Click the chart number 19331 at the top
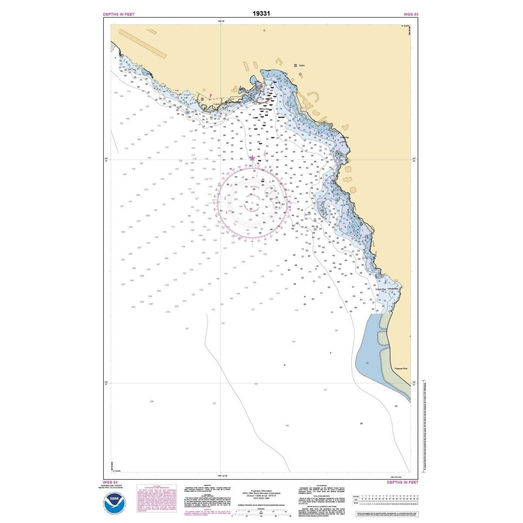pos(261,13)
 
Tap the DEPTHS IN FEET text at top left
pos(119,14)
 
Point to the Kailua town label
pos(302,65)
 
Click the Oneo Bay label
pos(345,138)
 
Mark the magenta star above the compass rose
pos(252,158)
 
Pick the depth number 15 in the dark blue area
pos(367,363)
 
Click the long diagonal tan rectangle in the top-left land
pos(143,44)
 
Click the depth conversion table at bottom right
pos(385,501)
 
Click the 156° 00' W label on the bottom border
pos(222,475)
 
